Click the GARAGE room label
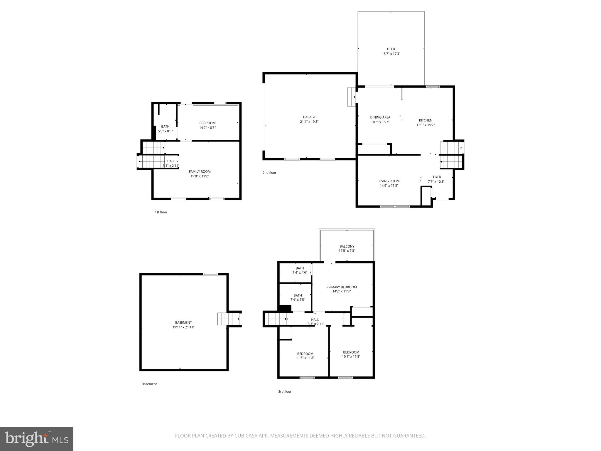pyautogui.click(x=309, y=117)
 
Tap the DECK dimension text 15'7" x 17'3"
pyautogui.click(x=391, y=54)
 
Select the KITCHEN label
pyautogui.click(x=425, y=120)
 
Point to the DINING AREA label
pyautogui.click(x=380, y=117)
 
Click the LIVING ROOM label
pyautogui.click(x=389, y=181)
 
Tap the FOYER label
pyautogui.click(x=436, y=177)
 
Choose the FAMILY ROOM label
pyautogui.click(x=200, y=171)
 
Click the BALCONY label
pyautogui.click(x=347, y=246)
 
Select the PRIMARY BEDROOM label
pyautogui.click(x=342, y=287)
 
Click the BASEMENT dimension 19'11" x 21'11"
pyautogui.click(x=183, y=327)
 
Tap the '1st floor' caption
pyautogui.click(x=161, y=212)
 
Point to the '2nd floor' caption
pyautogui.click(x=269, y=173)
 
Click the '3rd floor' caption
pyautogui.click(x=285, y=391)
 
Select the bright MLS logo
pyautogui.click(x=37, y=439)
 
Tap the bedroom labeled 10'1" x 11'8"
pyautogui.click(x=351, y=354)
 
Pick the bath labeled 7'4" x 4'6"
pyautogui.click(x=300, y=270)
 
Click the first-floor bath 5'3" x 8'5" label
pyautogui.click(x=165, y=129)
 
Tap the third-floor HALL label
pyautogui.click(x=315, y=320)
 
